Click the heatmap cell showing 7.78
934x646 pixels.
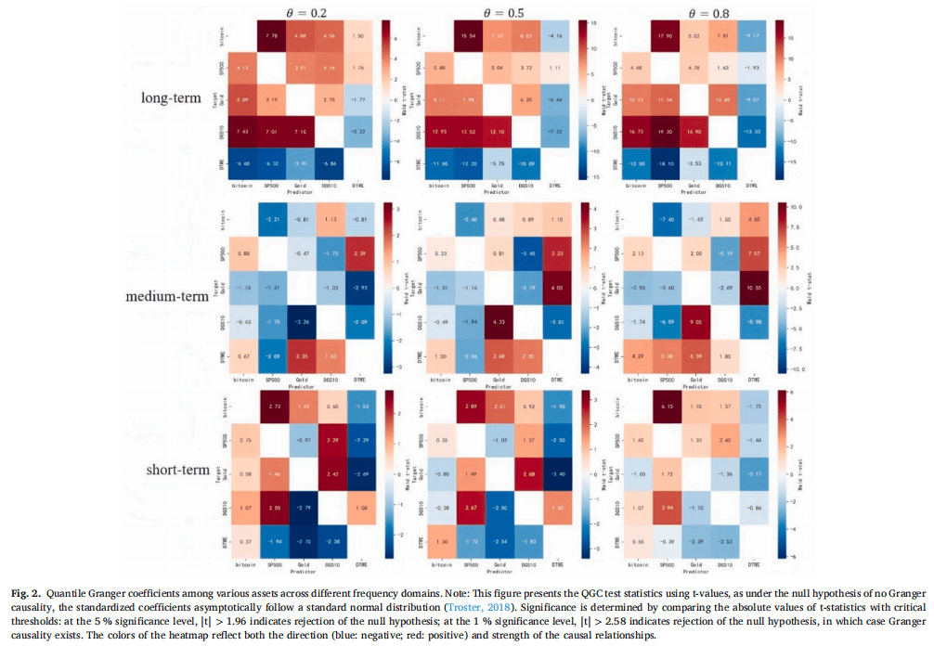[x=272, y=36]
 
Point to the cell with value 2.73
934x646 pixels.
[x=272, y=407]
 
